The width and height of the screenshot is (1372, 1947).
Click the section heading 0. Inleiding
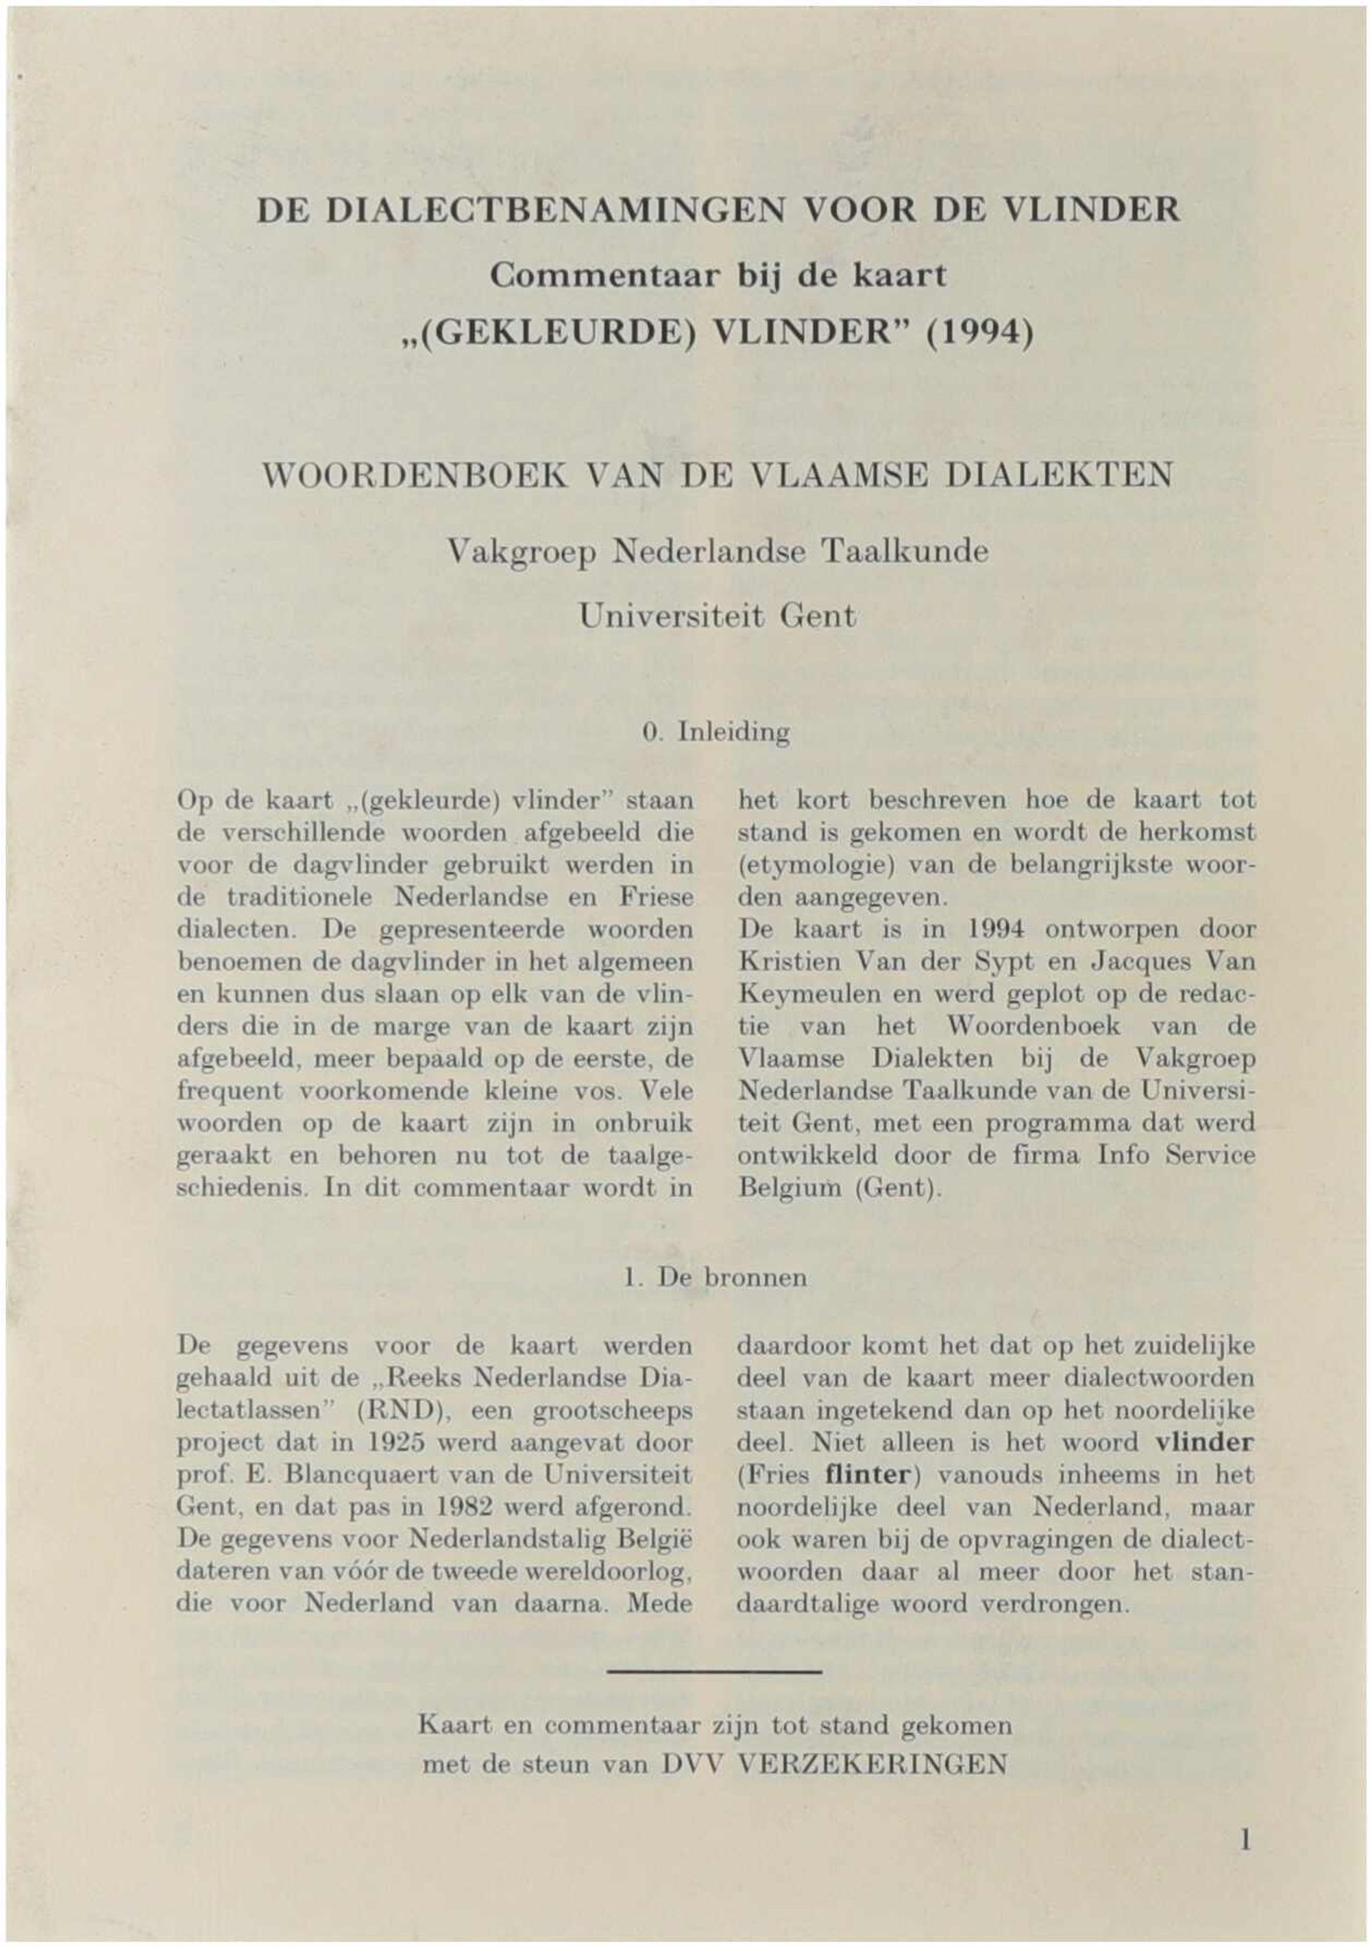click(717, 732)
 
